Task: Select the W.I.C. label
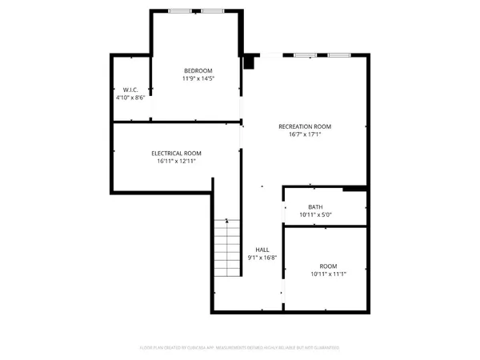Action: pyautogui.click(x=130, y=90)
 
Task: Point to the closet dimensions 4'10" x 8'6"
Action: pyautogui.click(x=130, y=98)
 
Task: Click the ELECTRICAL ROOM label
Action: pyautogui.click(x=176, y=153)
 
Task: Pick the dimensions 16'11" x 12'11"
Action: pyautogui.click(x=176, y=161)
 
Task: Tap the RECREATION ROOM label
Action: pyautogui.click(x=304, y=126)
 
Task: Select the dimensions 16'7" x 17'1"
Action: pyautogui.click(x=304, y=134)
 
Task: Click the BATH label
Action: pyautogui.click(x=315, y=206)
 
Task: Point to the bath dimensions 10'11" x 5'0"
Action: pyautogui.click(x=315, y=214)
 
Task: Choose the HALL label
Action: pyautogui.click(x=262, y=250)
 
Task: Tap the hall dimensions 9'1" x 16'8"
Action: pyautogui.click(x=262, y=258)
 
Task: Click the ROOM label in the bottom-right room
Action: pyautogui.click(x=328, y=266)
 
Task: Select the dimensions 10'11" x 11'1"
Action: pyautogui.click(x=328, y=274)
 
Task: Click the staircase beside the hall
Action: pyautogui.click(x=227, y=250)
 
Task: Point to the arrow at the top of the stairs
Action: pyautogui.click(x=227, y=220)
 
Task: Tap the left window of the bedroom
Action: pyautogui.click(x=180, y=11)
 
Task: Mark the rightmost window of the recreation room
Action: pyautogui.click(x=338, y=54)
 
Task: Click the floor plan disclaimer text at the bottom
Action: pyautogui.click(x=240, y=347)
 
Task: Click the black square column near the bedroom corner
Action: pyautogui.click(x=249, y=61)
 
